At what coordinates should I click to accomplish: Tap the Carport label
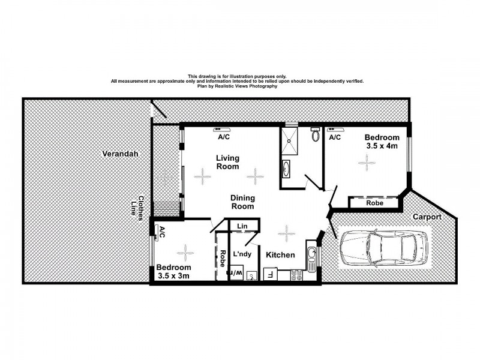coord(427,217)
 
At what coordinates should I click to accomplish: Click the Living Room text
coord(228,162)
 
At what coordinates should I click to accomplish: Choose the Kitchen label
coord(280,255)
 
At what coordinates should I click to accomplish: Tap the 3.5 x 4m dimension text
coord(382,146)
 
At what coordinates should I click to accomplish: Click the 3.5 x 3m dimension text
coord(173,276)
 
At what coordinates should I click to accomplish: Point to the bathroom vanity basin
coord(286,169)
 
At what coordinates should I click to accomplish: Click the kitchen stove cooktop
coord(297,276)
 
